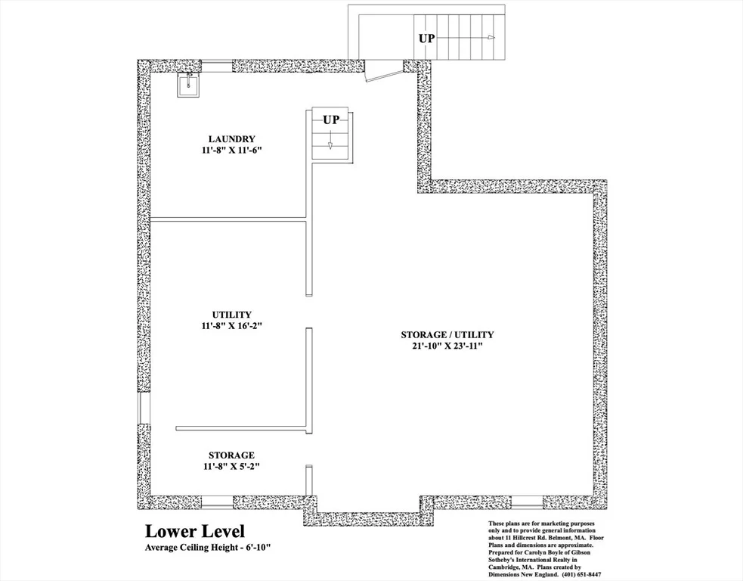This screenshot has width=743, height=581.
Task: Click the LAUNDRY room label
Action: point(232,139)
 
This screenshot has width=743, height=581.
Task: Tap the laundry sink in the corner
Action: point(189,85)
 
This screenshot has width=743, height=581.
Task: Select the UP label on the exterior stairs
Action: point(426,38)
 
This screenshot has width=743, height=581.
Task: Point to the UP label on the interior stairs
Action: point(331,120)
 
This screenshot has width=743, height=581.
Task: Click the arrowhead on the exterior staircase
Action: point(491,38)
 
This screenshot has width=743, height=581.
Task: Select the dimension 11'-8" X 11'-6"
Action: point(232,151)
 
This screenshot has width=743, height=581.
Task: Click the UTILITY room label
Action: point(232,315)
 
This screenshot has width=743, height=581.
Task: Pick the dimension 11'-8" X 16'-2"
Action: point(232,326)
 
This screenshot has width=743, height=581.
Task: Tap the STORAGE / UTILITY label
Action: point(447,334)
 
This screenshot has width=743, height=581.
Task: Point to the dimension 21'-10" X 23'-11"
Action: point(447,346)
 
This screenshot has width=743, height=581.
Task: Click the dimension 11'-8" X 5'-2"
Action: point(232,466)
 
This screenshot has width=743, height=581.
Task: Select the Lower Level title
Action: point(195,531)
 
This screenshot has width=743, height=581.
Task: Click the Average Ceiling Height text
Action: point(208,547)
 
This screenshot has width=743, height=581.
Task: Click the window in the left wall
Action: point(144,408)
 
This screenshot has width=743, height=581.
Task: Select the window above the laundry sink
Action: point(216,66)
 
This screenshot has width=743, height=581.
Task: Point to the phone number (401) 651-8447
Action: point(581,574)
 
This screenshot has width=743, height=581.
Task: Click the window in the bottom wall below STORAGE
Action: point(217,503)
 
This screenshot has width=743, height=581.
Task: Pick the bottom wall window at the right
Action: point(528,503)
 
